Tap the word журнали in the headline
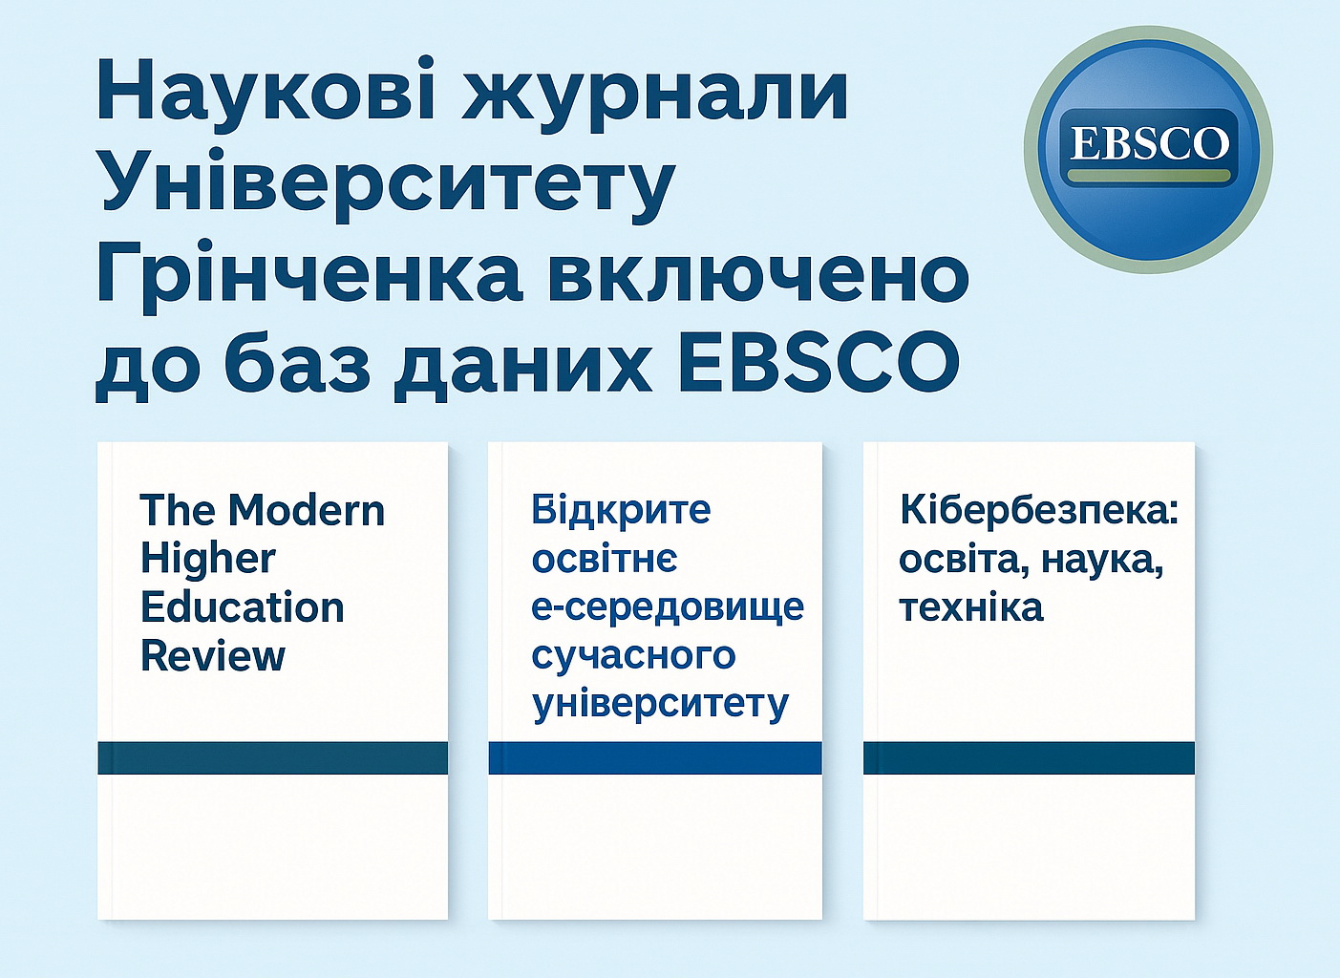pyautogui.click(x=655, y=93)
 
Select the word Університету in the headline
pyautogui.click(x=387, y=183)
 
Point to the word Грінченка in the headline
pyautogui.click(x=308, y=274)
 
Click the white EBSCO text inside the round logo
pyautogui.click(x=1149, y=144)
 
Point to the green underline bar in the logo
pyautogui.click(x=1149, y=177)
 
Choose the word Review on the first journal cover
pyautogui.click(x=213, y=656)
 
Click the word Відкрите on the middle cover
pyautogui.click(x=621, y=510)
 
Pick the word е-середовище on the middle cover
pyautogui.click(x=668, y=607)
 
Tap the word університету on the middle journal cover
pyautogui.click(x=661, y=705)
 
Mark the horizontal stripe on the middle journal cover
pyautogui.click(x=655, y=757)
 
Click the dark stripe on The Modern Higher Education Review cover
pyautogui.click(x=272, y=757)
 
